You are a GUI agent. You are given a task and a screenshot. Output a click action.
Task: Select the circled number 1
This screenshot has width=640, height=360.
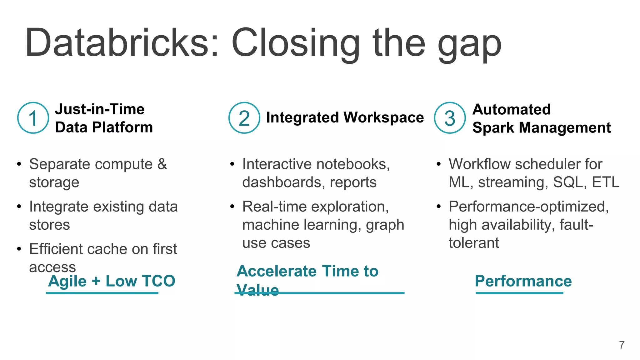tap(33, 118)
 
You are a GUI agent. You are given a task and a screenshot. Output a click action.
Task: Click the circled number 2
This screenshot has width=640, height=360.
tap(244, 118)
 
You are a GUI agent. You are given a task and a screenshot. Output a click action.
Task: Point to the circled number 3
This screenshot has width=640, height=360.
tap(450, 118)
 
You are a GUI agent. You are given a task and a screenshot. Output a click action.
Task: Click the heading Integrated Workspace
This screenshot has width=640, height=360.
tap(345, 117)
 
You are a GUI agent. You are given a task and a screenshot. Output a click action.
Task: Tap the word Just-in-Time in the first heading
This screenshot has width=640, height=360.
tap(100, 109)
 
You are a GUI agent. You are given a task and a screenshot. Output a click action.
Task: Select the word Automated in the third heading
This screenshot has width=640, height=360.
tap(511, 109)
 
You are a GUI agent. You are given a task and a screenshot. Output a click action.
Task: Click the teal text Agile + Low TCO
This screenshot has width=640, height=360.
tap(112, 281)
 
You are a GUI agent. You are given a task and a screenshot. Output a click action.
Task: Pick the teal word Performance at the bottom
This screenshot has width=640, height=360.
tap(523, 281)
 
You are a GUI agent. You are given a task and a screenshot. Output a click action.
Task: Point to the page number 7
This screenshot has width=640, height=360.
tap(622, 345)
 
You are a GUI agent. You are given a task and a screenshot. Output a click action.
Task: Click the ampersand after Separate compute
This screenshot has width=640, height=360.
tap(162, 164)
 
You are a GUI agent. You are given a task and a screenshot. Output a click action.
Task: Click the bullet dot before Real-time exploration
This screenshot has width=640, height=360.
tap(232, 207)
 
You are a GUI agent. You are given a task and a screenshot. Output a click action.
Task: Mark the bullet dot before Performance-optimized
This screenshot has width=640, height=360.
tap(439, 207)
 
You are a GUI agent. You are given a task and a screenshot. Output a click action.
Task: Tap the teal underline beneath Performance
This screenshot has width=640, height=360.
tap(519, 293)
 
